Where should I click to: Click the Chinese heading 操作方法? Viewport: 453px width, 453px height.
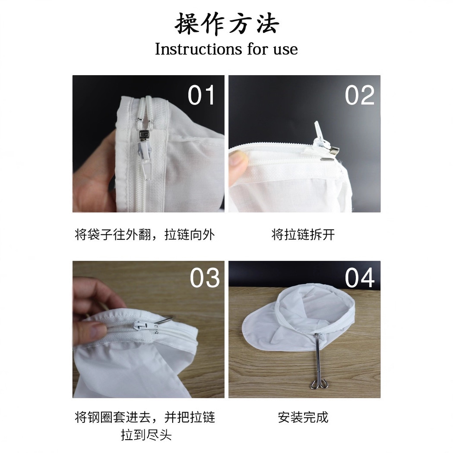(x=227, y=24)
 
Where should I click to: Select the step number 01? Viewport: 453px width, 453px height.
(x=201, y=95)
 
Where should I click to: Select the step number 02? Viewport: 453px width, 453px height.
(x=359, y=95)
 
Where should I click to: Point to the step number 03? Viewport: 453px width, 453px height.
(x=205, y=278)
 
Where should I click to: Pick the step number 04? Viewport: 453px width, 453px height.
(x=360, y=278)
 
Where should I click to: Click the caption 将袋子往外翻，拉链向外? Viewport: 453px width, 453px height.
(x=145, y=234)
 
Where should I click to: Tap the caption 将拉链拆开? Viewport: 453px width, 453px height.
(x=303, y=234)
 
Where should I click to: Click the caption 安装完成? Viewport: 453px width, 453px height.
(x=303, y=417)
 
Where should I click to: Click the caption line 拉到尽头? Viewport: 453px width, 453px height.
(x=146, y=435)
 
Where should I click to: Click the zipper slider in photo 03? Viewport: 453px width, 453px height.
(x=150, y=327)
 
